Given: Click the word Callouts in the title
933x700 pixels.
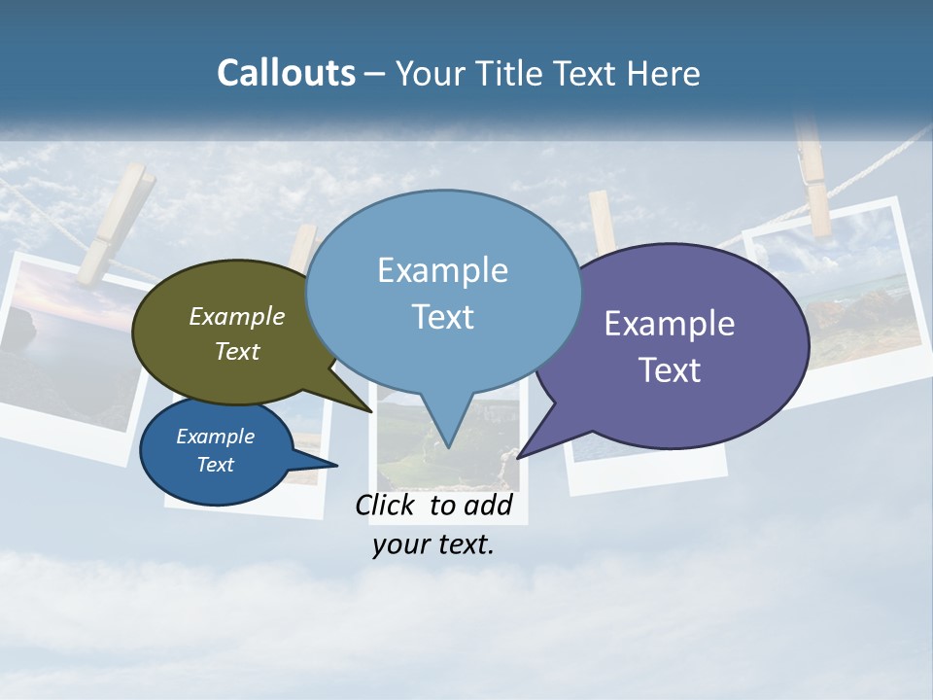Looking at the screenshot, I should [x=286, y=73].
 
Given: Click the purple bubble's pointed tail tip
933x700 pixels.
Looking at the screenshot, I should [x=518, y=457].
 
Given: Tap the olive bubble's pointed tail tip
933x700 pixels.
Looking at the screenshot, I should [x=371, y=411].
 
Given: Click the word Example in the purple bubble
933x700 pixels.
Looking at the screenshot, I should [x=670, y=324].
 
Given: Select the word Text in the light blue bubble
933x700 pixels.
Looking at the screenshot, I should [x=443, y=317].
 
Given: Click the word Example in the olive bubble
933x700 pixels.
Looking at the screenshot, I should [x=237, y=316].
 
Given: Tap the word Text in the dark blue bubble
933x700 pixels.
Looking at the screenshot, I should [x=216, y=465].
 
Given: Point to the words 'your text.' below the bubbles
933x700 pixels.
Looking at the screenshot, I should [x=433, y=544].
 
